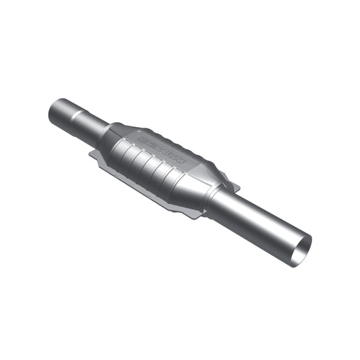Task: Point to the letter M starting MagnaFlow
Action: pos(141,138)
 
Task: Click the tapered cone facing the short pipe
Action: pos(112,139)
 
